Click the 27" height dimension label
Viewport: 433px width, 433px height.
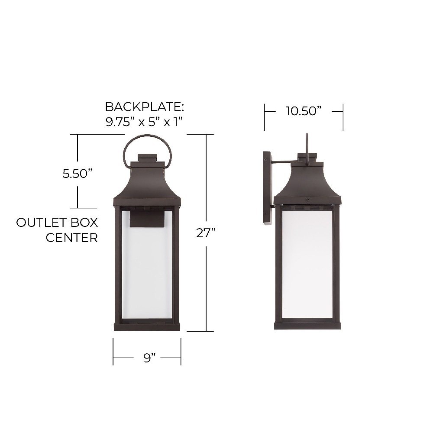pyautogui.click(x=205, y=233)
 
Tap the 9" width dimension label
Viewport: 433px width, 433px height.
pyautogui.click(x=149, y=358)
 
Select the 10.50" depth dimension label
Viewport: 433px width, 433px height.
pyautogui.click(x=304, y=111)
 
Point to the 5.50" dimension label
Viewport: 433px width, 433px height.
pyautogui.click(x=77, y=174)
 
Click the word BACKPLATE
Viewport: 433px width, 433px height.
pyautogui.click(x=145, y=107)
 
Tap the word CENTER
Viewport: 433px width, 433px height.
pyautogui.click(x=72, y=238)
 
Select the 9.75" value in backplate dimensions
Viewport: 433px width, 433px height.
pyautogui.click(x=118, y=122)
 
